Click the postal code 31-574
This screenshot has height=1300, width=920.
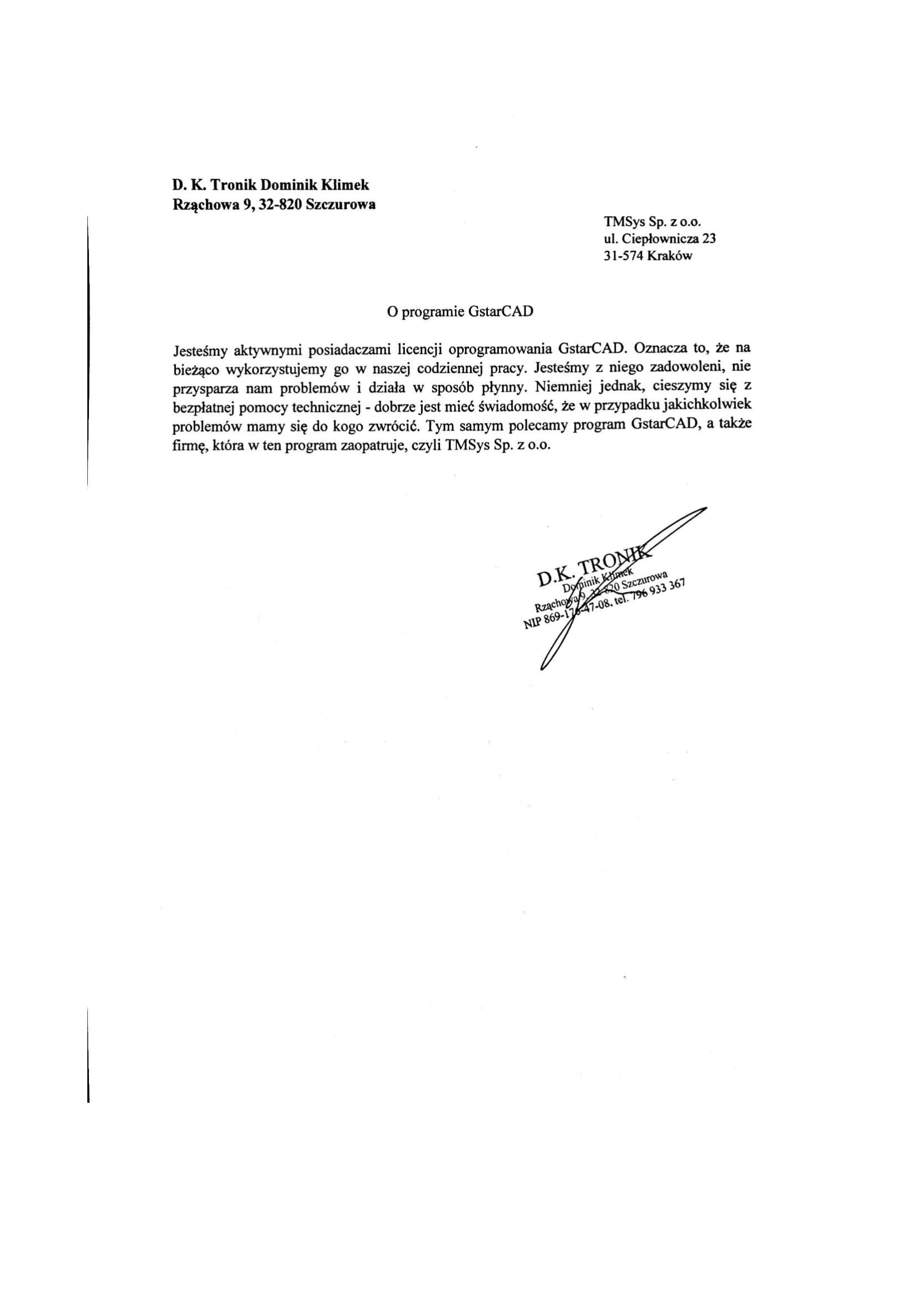(624, 255)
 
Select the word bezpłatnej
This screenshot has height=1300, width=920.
(204, 406)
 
